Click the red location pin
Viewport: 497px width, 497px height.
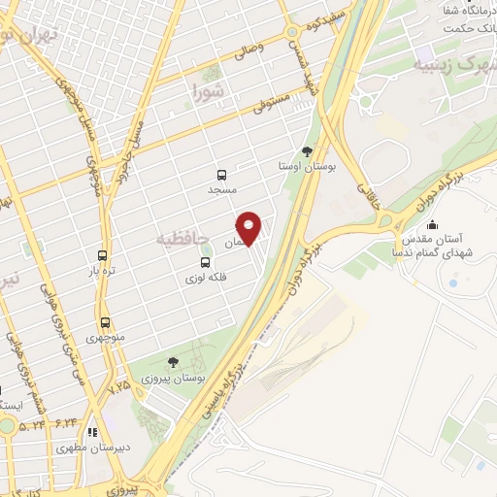pos(249,227)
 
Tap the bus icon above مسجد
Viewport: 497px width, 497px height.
pos(223,176)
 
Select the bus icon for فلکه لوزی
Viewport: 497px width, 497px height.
pos(205,262)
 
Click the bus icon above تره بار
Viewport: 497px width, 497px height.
pos(97,255)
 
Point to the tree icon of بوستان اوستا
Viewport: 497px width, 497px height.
pos(308,151)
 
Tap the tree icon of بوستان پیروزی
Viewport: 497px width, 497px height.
pos(174,361)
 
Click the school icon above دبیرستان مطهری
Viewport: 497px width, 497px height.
pos(92,433)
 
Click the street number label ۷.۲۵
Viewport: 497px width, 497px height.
pos(118,386)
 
